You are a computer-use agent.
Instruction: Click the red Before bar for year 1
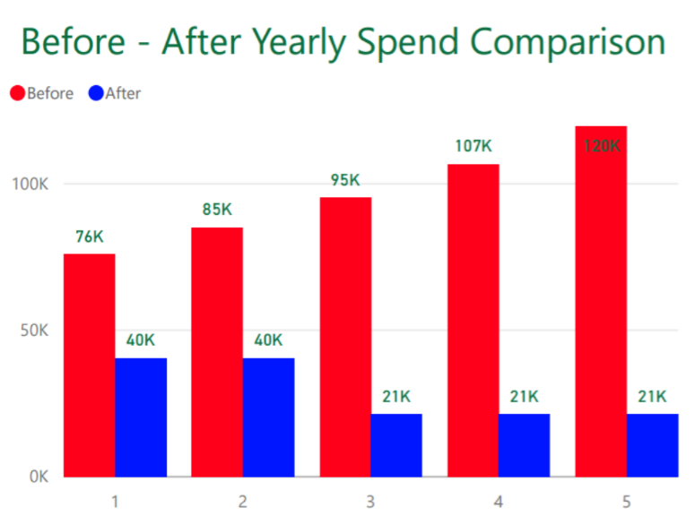click(x=89, y=365)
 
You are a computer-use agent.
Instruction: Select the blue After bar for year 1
click(x=141, y=417)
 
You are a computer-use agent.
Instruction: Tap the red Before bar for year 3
click(x=345, y=337)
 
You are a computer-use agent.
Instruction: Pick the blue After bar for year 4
click(x=525, y=445)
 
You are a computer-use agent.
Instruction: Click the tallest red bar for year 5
click(x=601, y=301)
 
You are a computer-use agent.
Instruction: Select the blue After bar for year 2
click(x=268, y=417)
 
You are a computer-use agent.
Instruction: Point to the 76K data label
click(x=90, y=237)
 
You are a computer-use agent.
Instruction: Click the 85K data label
click(x=217, y=210)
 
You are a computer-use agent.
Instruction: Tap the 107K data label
click(x=474, y=146)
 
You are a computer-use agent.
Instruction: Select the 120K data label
click(x=601, y=145)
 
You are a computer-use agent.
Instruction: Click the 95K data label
click(x=345, y=180)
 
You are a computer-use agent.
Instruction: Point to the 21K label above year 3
click(x=396, y=396)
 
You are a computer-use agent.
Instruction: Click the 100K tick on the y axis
click(x=30, y=185)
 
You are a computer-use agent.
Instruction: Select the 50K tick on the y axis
click(x=33, y=331)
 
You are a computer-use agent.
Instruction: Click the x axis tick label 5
click(x=626, y=501)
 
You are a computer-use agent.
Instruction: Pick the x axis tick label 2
click(x=242, y=501)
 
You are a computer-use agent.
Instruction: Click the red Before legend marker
click(x=17, y=93)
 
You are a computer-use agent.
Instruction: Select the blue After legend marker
click(x=95, y=93)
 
